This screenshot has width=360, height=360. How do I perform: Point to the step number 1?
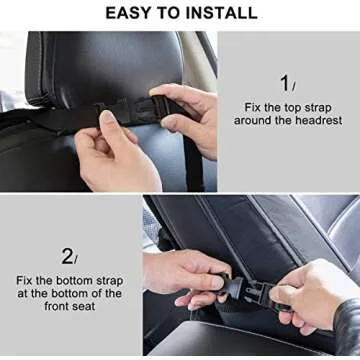pos(285,83)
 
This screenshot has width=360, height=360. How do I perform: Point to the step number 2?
pos(67,256)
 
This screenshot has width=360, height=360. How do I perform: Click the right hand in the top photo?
pos(190,115)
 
